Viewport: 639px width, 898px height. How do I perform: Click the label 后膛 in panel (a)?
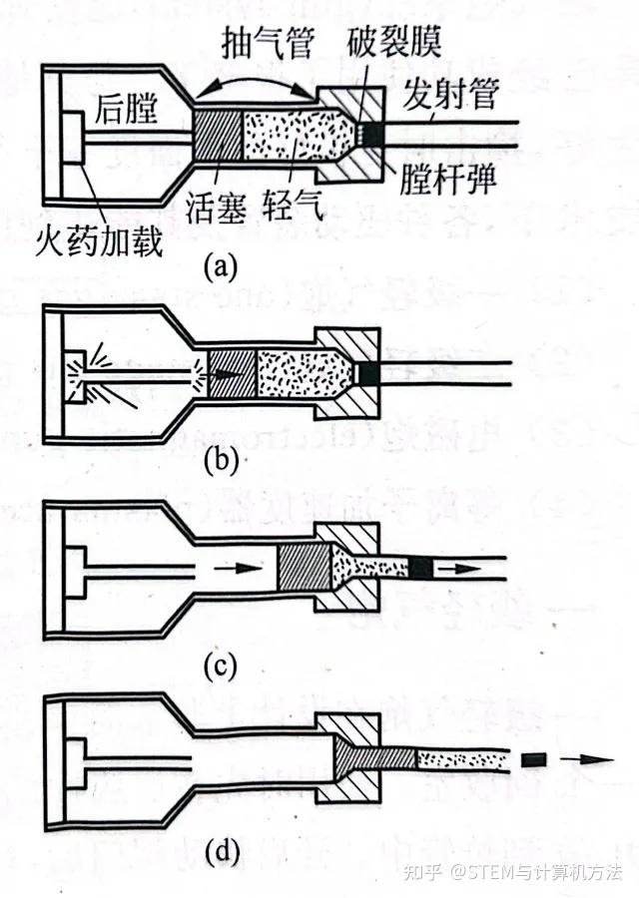coord(128,109)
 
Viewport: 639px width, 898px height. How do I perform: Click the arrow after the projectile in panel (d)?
coord(583,760)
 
